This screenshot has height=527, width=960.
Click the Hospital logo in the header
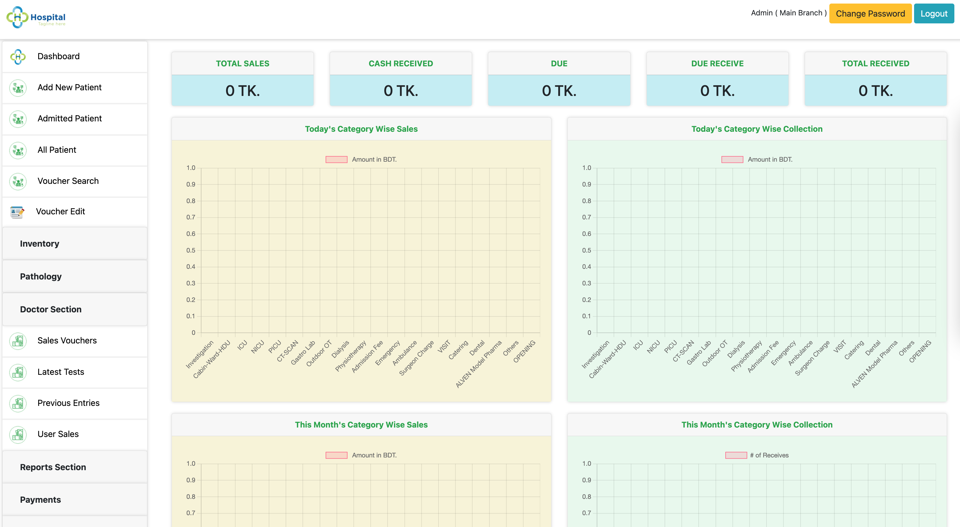coord(36,17)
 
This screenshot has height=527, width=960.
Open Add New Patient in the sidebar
coord(69,88)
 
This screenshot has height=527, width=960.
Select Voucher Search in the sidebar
coord(68,181)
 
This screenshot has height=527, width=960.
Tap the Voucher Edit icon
coord(17,212)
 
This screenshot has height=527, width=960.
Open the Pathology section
coord(41,276)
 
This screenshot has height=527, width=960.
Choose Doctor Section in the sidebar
coord(51,309)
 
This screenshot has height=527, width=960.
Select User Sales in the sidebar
coord(58,434)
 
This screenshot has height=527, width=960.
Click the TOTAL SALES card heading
coord(243,64)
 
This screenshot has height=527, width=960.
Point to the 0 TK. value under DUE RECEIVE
coord(717,91)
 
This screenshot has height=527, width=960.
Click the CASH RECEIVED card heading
coord(401,64)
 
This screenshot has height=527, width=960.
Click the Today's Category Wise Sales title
coord(361,129)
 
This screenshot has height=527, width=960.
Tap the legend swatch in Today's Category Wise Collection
coord(732,159)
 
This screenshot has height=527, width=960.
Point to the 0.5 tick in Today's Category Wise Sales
coord(191,250)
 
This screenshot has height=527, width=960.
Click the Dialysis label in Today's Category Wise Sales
coord(340,349)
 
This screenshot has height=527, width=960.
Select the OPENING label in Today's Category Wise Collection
coord(920,351)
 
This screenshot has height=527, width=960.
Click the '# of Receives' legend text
coord(769,455)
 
